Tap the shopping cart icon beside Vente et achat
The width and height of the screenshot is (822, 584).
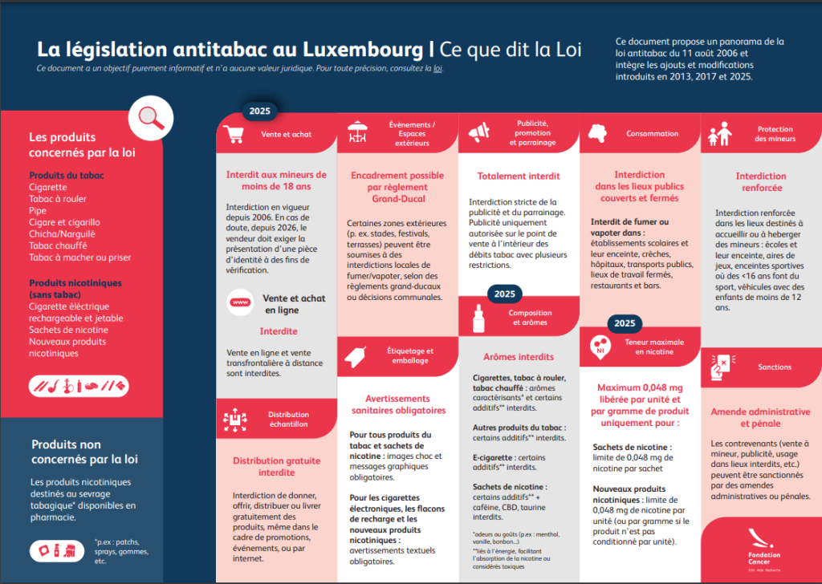click(x=235, y=133)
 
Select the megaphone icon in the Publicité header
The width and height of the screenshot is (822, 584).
click(x=478, y=131)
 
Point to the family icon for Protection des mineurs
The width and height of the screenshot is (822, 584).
click(x=718, y=136)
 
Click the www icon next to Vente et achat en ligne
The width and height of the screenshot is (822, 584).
click(x=239, y=302)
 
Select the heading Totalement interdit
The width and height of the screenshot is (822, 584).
click(x=519, y=176)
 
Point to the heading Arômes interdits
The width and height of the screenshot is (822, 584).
click(x=519, y=357)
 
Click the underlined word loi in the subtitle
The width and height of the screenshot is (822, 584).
click(x=437, y=69)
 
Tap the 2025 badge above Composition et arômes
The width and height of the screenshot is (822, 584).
click(x=504, y=294)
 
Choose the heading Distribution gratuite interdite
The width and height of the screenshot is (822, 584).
click(x=276, y=467)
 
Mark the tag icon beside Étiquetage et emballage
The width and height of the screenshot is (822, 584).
click(x=358, y=354)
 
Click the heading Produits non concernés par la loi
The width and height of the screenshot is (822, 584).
click(x=84, y=452)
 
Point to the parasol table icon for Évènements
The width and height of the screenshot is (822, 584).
click(x=358, y=131)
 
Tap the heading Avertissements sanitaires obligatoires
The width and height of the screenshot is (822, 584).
click(x=398, y=404)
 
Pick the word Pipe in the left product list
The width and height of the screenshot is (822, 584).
click(x=37, y=210)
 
